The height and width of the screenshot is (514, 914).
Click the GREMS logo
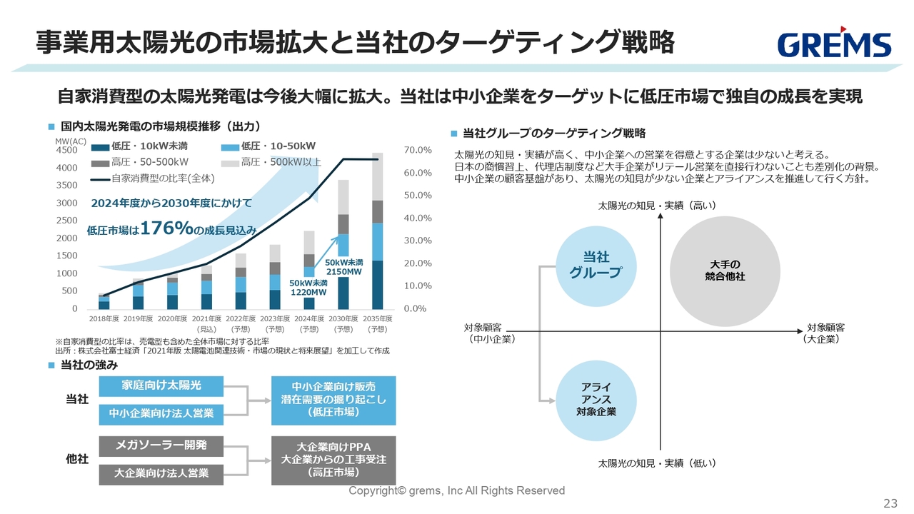tap(834, 44)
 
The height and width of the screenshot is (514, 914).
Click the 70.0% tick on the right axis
tap(418, 151)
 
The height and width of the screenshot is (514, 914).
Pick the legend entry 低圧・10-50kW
tap(273, 147)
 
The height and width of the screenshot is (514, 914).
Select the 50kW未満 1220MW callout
tap(308, 288)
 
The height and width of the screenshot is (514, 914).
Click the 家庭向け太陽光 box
tap(161, 386)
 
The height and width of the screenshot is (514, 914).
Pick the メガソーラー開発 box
tap(161, 445)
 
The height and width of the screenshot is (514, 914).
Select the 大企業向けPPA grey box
tap(333, 460)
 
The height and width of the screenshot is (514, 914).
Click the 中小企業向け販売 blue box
tap(333, 400)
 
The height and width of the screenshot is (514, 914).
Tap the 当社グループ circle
tap(595, 265)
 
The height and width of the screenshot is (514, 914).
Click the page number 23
tap(890, 503)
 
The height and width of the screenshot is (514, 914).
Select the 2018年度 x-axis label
tap(104, 318)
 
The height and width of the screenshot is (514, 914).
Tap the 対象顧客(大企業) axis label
tap(825, 333)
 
